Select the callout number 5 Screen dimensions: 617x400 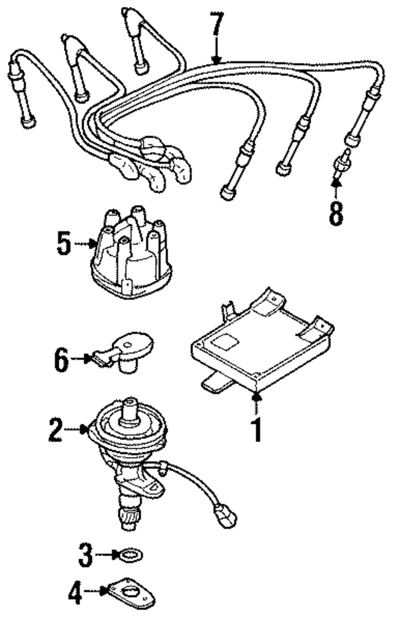coord(64,244)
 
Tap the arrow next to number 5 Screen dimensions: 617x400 coord(84,244)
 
